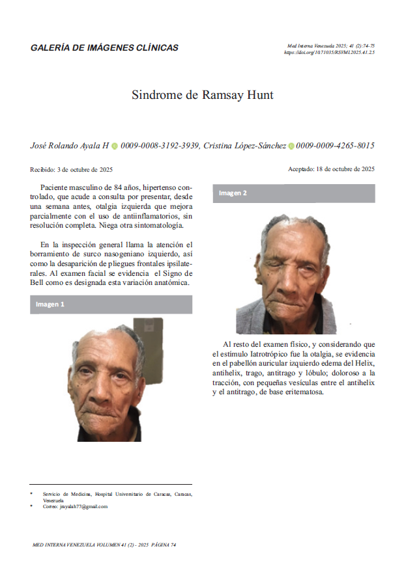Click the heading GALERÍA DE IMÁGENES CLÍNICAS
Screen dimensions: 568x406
[104, 48]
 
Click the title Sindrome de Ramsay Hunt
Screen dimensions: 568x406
[203, 95]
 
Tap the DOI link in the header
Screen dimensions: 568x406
[329, 52]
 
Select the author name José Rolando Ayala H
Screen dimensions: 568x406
[70, 146]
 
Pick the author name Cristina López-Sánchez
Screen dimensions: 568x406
[244, 146]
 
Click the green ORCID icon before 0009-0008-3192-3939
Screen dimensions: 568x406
[115, 146]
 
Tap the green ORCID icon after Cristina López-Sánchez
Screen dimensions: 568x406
[291, 146]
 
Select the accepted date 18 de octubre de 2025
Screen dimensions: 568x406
[344, 169]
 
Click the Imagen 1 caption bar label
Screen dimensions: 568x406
[50, 304]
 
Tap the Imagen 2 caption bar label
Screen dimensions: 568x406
[233, 193]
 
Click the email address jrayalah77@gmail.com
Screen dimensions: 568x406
[83, 506]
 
